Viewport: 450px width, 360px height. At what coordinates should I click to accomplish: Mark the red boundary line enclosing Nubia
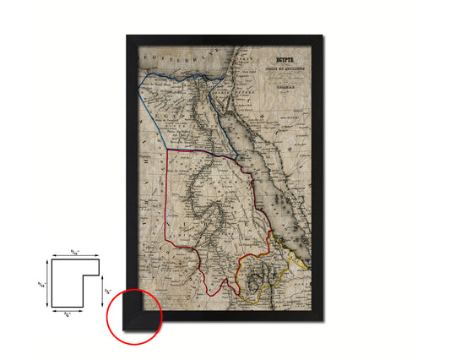pos(168,203)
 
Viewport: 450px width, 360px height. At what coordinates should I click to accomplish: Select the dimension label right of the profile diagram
pos(106,293)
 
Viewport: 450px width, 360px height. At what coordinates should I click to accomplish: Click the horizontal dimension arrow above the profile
pos(75,257)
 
